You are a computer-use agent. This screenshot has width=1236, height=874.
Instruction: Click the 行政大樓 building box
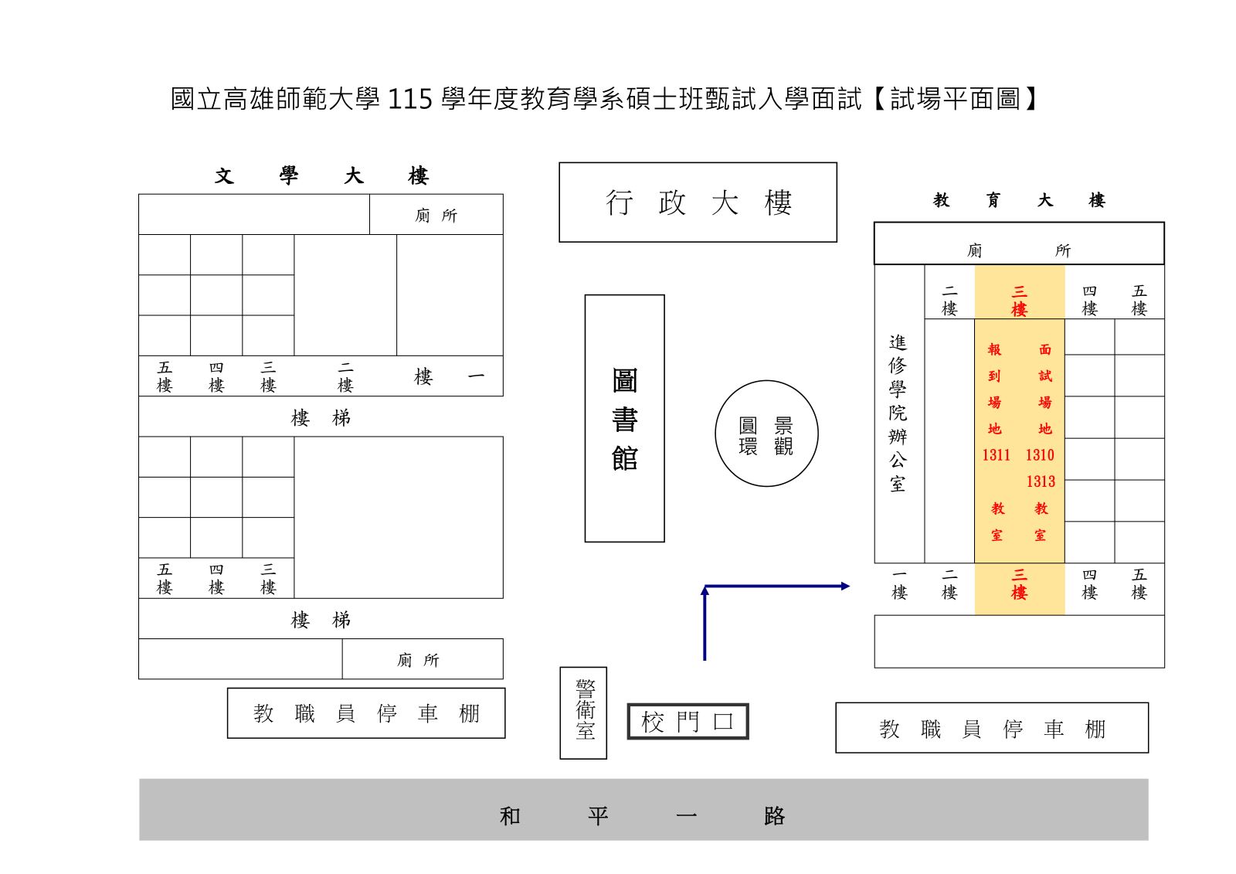[x=698, y=202]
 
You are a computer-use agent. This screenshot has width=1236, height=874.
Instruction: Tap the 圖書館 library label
[x=624, y=419]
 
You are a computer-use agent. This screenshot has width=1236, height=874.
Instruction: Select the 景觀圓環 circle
[x=766, y=434]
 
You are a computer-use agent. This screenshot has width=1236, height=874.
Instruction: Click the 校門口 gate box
[x=688, y=722]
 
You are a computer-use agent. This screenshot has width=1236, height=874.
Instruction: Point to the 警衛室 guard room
[x=584, y=712]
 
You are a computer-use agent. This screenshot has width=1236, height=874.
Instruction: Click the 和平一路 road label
[x=643, y=816]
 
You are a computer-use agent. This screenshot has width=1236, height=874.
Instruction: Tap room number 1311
[x=996, y=455]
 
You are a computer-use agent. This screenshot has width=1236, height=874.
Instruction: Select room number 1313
[x=1041, y=481]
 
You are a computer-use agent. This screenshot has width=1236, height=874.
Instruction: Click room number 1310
[x=1040, y=455]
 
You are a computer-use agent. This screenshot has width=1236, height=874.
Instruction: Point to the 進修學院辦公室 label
[x=898, y=413]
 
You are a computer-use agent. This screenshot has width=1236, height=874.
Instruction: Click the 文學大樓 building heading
[x=321, y=176]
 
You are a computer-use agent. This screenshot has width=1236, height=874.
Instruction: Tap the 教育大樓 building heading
[x=1018, y=201]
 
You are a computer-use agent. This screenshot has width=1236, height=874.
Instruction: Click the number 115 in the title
[x=409, y=100]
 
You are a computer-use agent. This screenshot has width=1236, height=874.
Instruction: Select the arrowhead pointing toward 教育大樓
[x=845, y=587]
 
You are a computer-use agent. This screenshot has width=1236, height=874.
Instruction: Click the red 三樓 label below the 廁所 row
[x=1019, y=301]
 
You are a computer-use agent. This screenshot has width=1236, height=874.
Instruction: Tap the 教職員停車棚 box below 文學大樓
[x=366, y=713]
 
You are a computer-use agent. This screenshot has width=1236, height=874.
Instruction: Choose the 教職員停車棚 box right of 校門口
[x=992, y=728]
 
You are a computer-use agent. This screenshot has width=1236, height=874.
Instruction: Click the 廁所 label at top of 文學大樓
[x=436, y=216]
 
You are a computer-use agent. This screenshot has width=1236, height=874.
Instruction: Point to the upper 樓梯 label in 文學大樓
[x=321, y=418]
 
